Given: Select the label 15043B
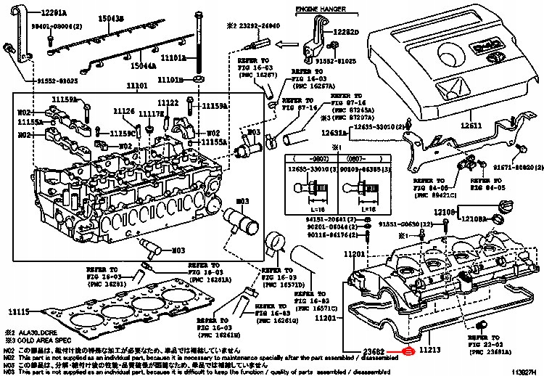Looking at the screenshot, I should point(111,18).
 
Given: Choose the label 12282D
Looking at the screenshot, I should point(346,33).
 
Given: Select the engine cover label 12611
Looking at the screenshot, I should point(469,126).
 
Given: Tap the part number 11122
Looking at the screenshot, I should point(168,103).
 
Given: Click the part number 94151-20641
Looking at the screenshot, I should point(325,218).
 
